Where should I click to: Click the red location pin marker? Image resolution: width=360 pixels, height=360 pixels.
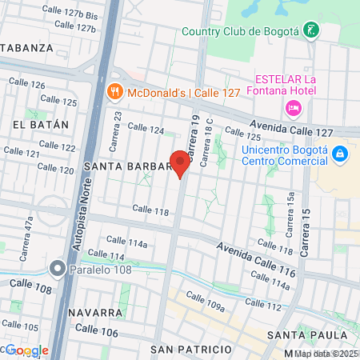180,163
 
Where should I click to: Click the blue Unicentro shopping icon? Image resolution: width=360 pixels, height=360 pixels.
339,152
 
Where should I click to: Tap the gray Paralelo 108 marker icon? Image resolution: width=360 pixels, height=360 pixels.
57,268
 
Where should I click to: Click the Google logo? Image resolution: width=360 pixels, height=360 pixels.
26,350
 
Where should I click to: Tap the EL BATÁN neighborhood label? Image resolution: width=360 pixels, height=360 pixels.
36,125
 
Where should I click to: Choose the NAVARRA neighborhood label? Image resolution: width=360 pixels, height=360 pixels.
94,312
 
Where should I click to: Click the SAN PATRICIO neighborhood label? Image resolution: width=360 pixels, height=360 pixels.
191,350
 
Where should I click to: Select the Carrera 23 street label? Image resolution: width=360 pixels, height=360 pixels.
118,124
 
